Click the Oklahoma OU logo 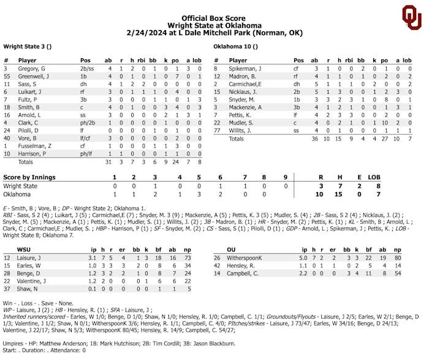click(411, 17)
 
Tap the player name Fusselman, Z click(36, 145)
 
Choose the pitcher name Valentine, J click(32, 280)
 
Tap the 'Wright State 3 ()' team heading click(28, 46)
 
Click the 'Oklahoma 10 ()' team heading click(235, 46)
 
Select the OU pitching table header click(231, 250)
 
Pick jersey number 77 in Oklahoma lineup click(216, 130)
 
